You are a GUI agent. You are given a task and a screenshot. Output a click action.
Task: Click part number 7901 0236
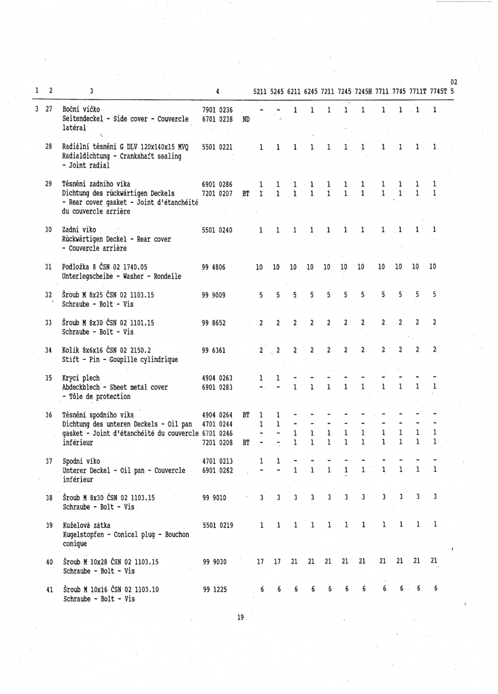(x=217, y=110)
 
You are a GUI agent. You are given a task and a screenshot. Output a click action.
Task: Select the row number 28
(x=49, y=147)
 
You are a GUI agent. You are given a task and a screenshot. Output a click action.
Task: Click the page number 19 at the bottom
(x=241, y=618)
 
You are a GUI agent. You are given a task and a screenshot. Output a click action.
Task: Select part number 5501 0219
(x=217, y=509)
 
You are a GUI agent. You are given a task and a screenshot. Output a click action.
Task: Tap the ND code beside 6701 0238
(x=246, y=120)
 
